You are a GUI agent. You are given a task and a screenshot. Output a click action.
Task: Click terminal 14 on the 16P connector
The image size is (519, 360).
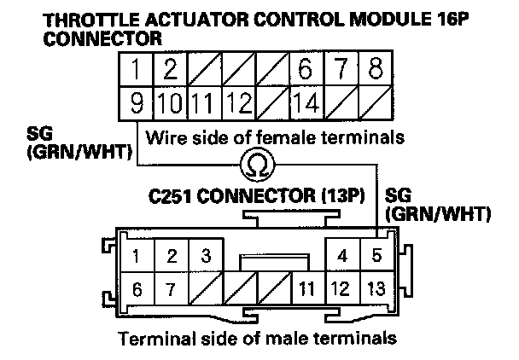coord(305,106)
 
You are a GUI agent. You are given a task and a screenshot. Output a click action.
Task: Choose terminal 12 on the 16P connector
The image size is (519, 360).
coord(238,106)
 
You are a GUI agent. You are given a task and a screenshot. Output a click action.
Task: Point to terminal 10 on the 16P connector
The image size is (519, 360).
coord(170,106)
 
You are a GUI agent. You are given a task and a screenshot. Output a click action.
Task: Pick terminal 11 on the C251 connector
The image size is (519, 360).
coord(305,288)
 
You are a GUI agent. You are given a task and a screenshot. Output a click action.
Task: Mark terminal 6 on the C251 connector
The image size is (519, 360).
coord(137,288)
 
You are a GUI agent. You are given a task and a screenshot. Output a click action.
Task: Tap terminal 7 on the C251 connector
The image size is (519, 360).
coord(172,288)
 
